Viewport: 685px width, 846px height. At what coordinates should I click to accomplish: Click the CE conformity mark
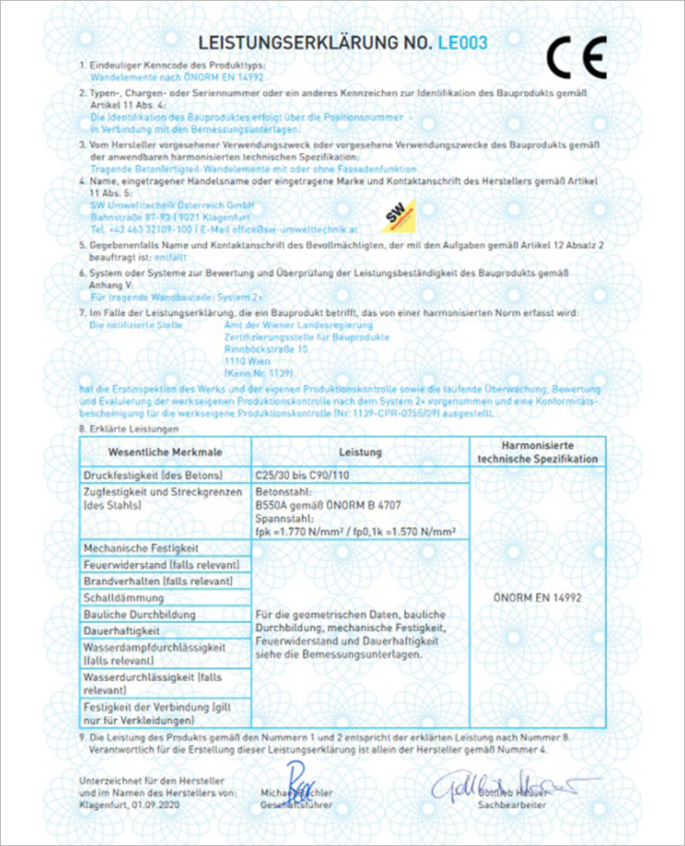577,58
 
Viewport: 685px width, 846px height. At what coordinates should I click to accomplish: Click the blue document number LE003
464,42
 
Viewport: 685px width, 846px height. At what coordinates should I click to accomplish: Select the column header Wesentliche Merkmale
164,452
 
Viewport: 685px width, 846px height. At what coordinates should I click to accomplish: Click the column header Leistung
360,452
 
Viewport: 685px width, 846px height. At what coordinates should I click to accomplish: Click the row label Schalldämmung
124,598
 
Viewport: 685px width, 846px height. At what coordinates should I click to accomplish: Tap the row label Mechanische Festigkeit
141,548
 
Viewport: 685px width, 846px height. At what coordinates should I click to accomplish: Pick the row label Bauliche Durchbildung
138,614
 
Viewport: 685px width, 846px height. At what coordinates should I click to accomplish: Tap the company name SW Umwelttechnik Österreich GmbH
162,204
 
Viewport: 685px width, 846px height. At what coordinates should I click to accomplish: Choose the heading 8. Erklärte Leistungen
129,428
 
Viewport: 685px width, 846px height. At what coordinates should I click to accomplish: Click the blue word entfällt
170,258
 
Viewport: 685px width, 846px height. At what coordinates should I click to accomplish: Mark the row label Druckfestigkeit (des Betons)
153,476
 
